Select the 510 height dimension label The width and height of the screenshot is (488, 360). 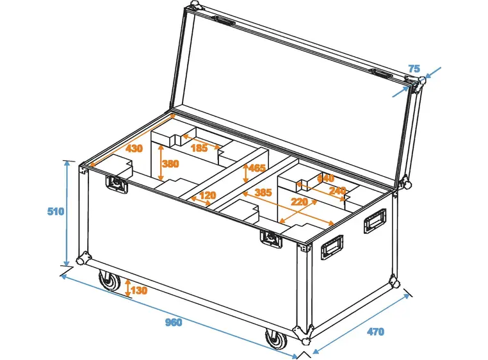tap(56, 212)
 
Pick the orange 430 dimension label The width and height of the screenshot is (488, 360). tap(134, 149)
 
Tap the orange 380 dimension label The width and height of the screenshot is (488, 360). tap(170, 163)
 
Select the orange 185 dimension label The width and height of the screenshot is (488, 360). tap(199, 148)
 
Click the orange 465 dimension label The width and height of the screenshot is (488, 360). tap(257, 168)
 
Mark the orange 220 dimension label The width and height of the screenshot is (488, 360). tap(299, 202)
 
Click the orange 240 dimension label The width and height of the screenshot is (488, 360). tap(338, 190)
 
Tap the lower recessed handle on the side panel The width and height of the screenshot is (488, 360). tap(332, 247)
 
